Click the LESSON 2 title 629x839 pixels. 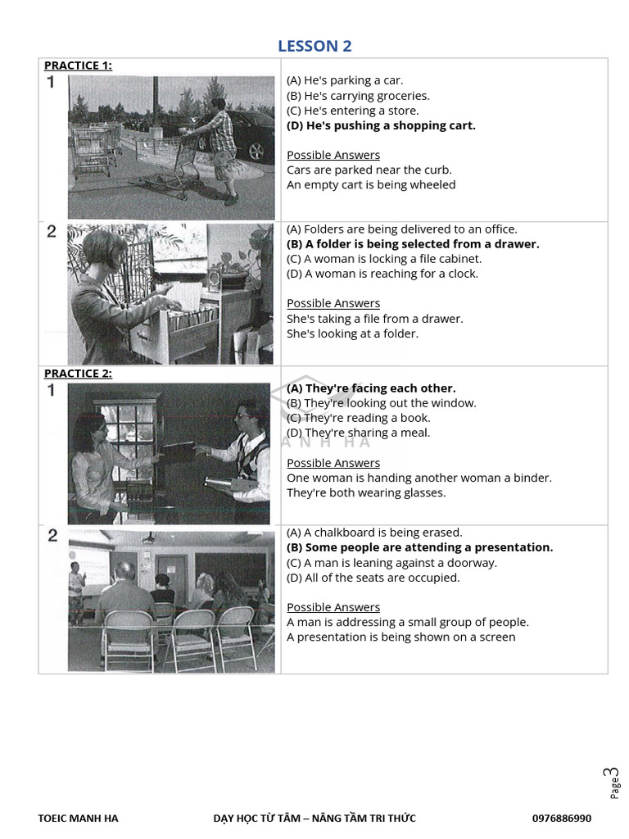click(x=314, y=46)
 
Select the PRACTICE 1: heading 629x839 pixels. click(x=78, y=66)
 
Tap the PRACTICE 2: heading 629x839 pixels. click(x=78, y=374)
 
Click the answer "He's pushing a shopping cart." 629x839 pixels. click(x=381, y=125)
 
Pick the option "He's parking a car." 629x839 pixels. click(x=345, y=80)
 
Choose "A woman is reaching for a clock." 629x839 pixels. click(x=382, y=274)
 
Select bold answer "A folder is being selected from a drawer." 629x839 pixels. click(x=413, y=244)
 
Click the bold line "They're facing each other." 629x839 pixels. click(x=371, y=388)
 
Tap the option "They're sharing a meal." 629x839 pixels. click(x=358, y=433)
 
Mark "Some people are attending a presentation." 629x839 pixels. click(x=419, y=547)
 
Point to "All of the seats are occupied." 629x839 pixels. click(x=373, y=578)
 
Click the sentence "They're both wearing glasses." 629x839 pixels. click(x=366, y=492)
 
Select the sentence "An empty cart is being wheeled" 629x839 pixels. click(x=371, y=184)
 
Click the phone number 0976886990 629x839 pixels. click(x=561, y=818)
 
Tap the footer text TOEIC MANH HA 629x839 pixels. click(x=78, y=818)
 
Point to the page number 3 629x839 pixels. click(x=612, y=774)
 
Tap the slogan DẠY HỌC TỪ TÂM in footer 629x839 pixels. click(x=262, y=818)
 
